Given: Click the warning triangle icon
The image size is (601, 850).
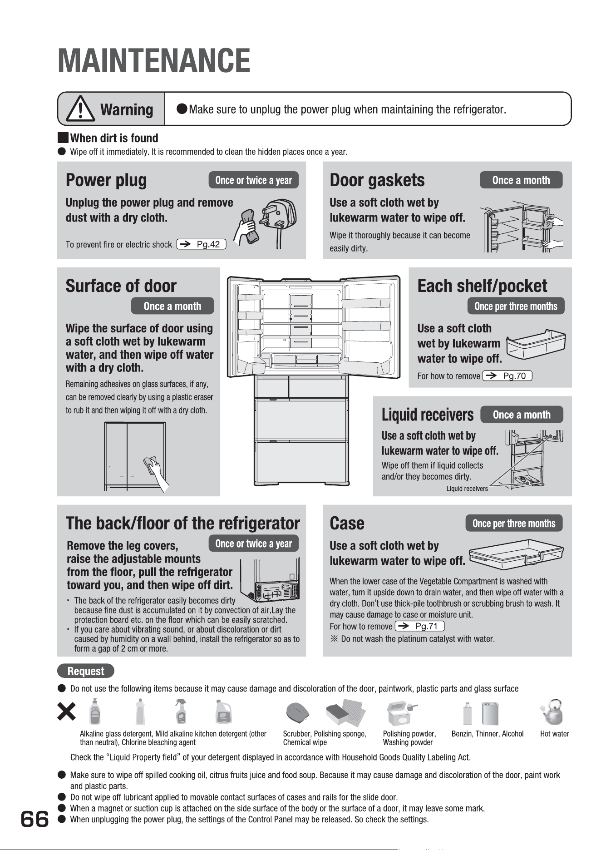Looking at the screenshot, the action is [x=81, y=109].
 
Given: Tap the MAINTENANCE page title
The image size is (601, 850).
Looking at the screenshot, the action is [x=154, y=61].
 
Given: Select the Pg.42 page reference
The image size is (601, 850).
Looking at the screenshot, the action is [x=201, y=244].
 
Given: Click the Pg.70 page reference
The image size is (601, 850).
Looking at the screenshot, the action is [x=507, y=376].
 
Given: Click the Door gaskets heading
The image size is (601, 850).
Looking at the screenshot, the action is [x=377, y=180].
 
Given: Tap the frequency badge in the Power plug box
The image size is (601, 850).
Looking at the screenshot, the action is [x=253, y=180].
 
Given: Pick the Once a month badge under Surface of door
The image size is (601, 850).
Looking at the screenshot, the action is [x=172, y=306].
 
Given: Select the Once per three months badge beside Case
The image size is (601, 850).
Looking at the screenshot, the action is [x=514, y=524].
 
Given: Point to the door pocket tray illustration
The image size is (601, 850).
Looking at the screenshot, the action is [x=536, y=344].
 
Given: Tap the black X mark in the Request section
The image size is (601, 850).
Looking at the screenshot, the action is [x=66, y=712].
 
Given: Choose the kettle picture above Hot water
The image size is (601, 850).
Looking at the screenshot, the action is [x=551, y=712].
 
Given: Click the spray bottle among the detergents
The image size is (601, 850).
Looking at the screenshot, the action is [x=181, y=712].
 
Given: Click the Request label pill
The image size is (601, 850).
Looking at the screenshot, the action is [x=86, y=671].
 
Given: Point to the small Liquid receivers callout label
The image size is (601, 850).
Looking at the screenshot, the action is [x=467, y=489].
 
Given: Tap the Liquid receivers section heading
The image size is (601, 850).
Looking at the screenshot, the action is [x=427, y=415].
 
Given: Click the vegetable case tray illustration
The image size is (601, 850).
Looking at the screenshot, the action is [x=516, y=554].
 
